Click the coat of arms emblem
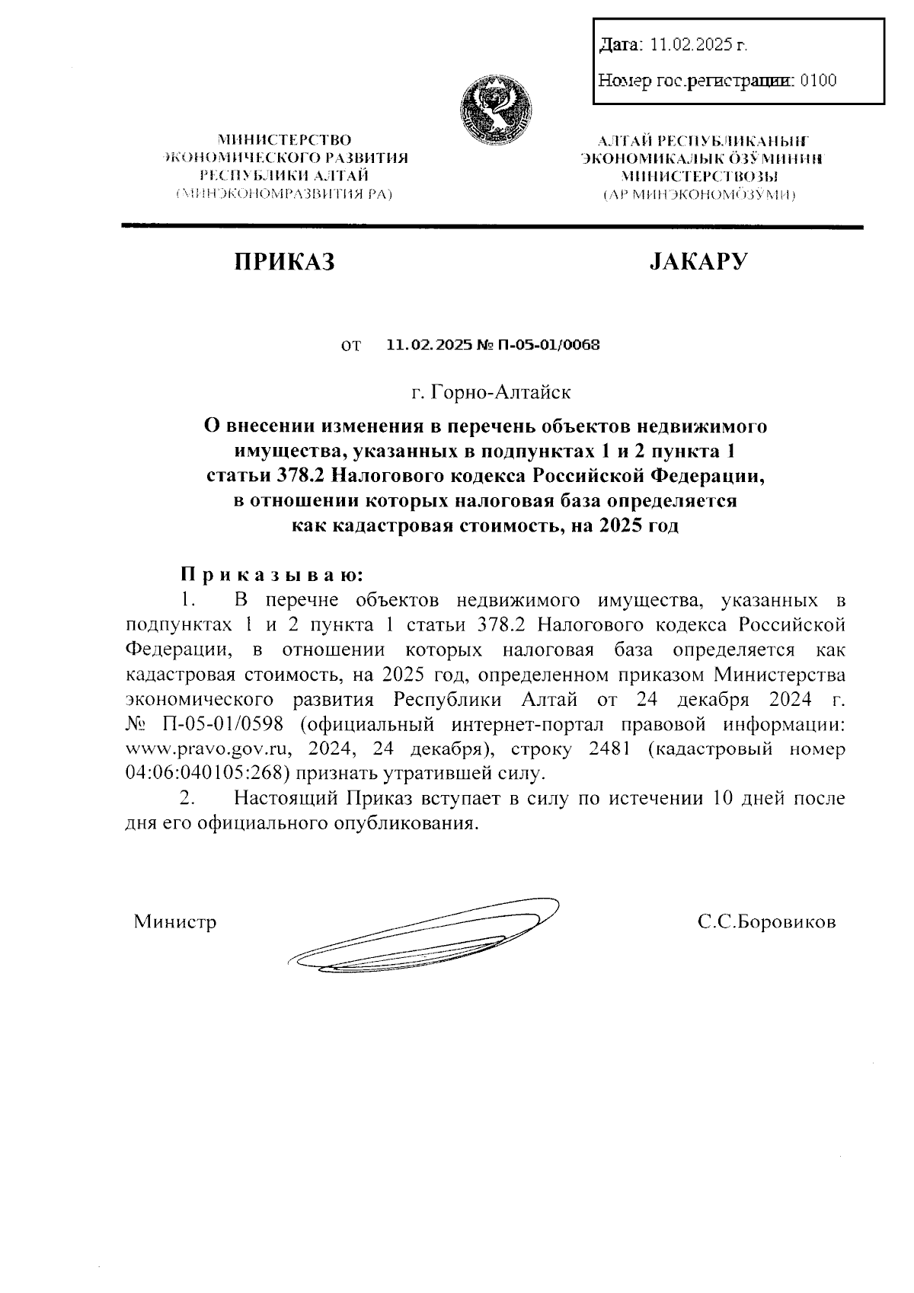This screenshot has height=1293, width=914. click(x=496, y=111)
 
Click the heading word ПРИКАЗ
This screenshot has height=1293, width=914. click(x=284, y=262)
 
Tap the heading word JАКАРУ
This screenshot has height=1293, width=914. click(x=698, y=262)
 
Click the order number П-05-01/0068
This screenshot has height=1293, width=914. click(x=548, y=345)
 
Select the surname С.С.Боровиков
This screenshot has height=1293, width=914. click(x=766, y=922)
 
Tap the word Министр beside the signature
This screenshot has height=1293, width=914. click(x=175, y=922)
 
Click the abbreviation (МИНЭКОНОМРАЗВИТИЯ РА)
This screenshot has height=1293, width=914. click(x=284, y=195)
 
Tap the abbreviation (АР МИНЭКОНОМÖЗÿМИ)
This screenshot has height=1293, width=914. click(x=699, y=196)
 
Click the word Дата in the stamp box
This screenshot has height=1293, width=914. click(x=620, y=46)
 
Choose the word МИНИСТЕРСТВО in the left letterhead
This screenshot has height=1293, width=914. click(x=285, y=140)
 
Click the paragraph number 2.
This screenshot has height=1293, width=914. click(x=186, y=800)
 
